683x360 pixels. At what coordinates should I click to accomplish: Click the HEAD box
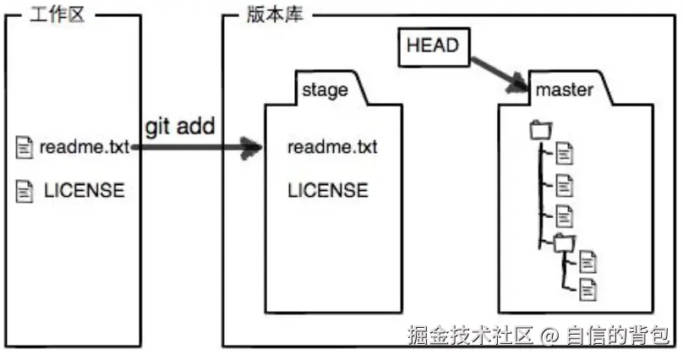432,46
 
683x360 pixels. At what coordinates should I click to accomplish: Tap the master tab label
565,90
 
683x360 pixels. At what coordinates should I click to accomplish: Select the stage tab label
325,90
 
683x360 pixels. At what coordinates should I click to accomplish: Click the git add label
179,126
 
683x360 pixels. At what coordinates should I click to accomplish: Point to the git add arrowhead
252,149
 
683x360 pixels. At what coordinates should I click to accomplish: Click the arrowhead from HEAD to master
517,81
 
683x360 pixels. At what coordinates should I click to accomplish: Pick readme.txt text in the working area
85,148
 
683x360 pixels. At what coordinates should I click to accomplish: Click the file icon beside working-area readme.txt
25,148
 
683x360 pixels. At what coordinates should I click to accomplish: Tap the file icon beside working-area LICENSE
25,191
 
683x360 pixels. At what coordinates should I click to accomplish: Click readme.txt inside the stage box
332,148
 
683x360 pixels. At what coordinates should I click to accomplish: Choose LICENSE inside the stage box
328,191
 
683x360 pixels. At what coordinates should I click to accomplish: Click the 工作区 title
57,15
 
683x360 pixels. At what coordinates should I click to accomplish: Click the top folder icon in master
539,130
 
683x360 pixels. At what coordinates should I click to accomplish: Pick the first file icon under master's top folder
565,153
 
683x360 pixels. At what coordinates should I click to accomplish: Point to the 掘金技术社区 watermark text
470,335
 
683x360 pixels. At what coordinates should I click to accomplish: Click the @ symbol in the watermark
550,336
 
